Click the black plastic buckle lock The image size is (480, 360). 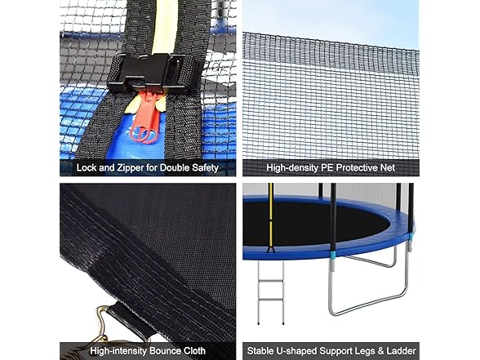[x=147, y=73]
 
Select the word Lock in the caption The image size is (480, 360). [x=87, y=167]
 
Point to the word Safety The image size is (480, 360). [x=205, y=168]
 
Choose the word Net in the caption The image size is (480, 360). [x=389, y=167]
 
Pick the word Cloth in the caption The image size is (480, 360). [x=194, y=351]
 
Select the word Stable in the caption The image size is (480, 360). [x=260, y=351]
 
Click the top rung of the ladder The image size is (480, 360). [x=271, y=281]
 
